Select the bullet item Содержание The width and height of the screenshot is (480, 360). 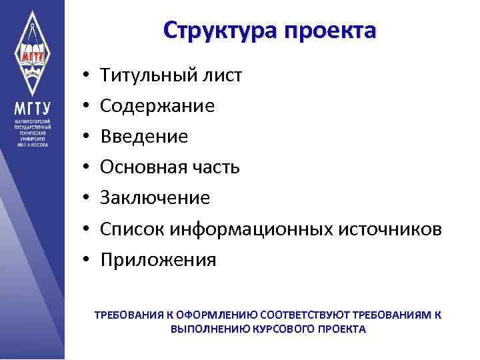[x=157, y=106]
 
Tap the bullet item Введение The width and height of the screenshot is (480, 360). [x=144, y=137]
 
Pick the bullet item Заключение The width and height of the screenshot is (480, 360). [x=155, y=198]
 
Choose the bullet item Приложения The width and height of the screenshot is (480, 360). [x=158, y=259]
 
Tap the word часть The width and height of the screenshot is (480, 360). [x=215, y=167]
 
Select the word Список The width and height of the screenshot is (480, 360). [x=131, y=229]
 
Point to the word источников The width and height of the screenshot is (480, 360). [x=391, y=229]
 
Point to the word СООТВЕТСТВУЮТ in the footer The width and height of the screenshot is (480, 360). [x=306, y=315]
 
